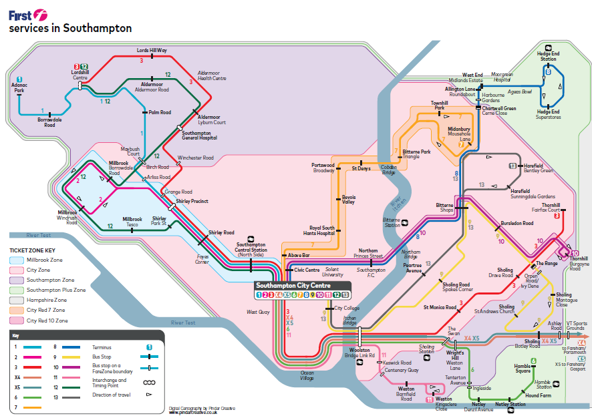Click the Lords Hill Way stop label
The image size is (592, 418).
152,51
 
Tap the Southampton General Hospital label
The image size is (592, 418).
200,136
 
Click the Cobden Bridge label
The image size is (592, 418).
388,170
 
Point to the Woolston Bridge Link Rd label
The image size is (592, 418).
361,352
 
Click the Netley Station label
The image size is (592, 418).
510,405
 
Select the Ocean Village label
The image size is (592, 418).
307,375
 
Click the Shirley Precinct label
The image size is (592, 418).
192,201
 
